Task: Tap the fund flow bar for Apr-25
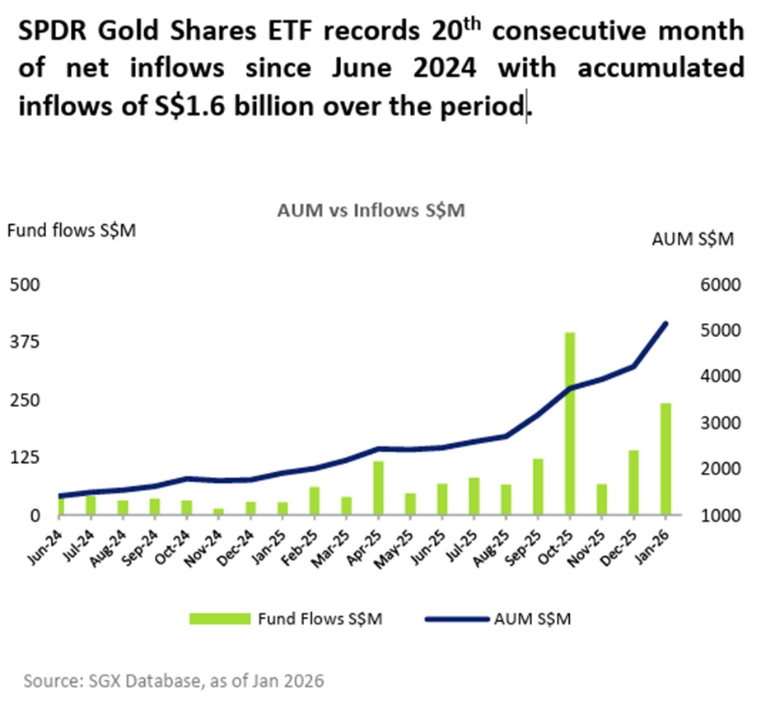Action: point(378,488)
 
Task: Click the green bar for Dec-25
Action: point(633,482)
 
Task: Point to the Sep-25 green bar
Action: point(537,486)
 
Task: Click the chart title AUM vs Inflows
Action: point(371,211)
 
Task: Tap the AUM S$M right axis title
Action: point(692,239)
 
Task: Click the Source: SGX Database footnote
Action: point(174,681)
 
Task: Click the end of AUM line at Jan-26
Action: point(665,324)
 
